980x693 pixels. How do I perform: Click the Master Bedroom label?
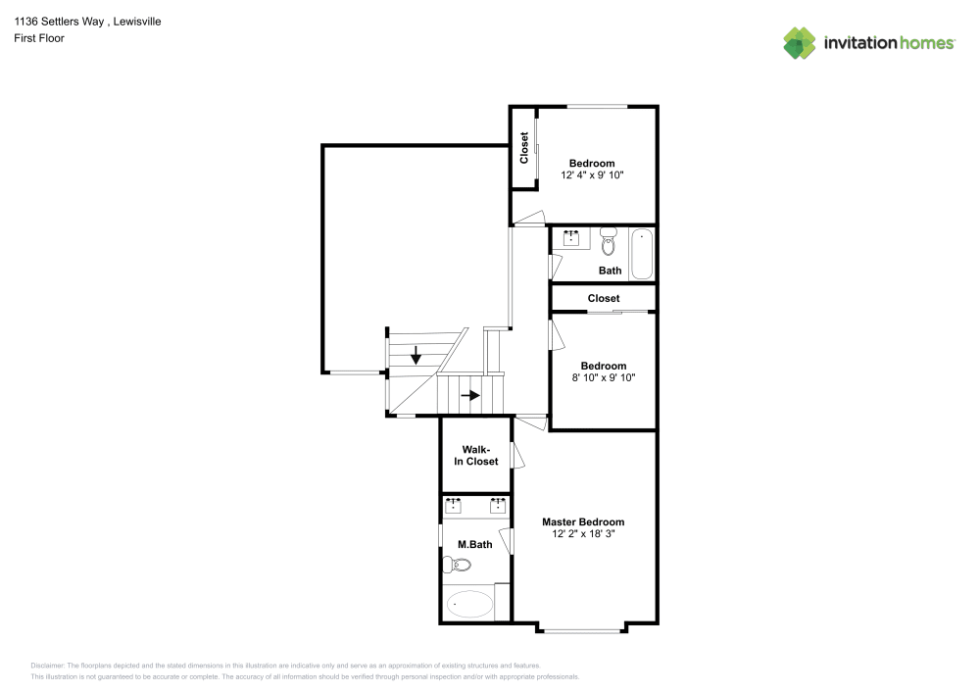click(x=583, y=521)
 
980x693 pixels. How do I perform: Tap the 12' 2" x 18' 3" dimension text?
click(x=583, y=533)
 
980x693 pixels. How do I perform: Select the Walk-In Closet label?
click(x=476, y=456)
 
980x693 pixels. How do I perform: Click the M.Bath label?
click(x=475, y=544)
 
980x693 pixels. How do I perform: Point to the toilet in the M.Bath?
click(x=457, y=565)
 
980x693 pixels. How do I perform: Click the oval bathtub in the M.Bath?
click(x=470, y=604)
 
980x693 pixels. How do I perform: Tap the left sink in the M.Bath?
click(x=453, y=505)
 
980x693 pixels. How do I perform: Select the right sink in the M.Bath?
click(x=498, y=505)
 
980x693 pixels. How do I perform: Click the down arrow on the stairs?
click(x=416, y=355)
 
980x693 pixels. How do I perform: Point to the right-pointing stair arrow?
click(x=470, y=395)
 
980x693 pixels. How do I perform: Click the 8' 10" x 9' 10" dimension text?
click(x=603, y=377)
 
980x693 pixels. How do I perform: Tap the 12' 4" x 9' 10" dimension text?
click(x=592, y=175)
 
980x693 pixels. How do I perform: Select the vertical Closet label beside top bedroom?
click(x=523, y=148)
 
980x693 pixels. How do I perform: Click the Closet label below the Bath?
click(x=604, y=298)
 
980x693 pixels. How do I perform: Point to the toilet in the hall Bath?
click(x=609, y=241)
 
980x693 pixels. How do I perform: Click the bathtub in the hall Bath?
click(x=642, y=254)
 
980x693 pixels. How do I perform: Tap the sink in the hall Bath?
click(x=571, y=238)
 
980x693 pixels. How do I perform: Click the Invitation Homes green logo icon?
click(x=800, y=43)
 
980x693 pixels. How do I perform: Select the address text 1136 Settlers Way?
click(x=59, y=22)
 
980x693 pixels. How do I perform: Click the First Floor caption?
click(x=39, y=38)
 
